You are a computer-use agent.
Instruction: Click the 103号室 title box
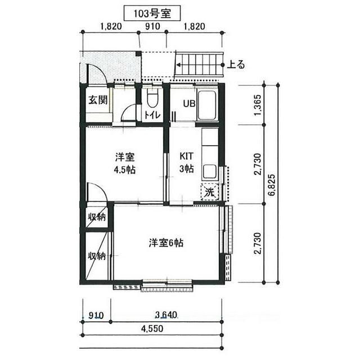[152, 13]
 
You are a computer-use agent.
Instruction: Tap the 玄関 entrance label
[98, 100]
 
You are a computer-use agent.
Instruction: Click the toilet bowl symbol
[152, 98]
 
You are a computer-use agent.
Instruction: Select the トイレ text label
[152, 115]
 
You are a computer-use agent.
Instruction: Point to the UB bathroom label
[189, 103]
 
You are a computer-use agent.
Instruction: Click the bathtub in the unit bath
[207, 105]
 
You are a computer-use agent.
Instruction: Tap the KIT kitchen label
[186, 156]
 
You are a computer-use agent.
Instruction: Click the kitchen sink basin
[209, 171]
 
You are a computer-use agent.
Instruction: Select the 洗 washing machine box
[210, 192]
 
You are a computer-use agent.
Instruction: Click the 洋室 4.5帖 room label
[125, 164]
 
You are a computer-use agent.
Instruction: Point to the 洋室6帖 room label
[166, 243]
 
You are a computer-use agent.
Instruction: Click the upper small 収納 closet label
[97, 217]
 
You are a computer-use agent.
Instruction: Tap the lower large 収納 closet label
[97, 256]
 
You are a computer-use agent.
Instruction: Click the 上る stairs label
[236, 65]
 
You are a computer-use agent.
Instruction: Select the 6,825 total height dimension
[272, 185]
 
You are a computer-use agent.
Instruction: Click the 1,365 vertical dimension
[258, 105]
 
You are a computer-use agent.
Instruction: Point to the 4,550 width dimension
[152, 328]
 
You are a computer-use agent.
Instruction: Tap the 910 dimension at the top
[152, 26]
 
